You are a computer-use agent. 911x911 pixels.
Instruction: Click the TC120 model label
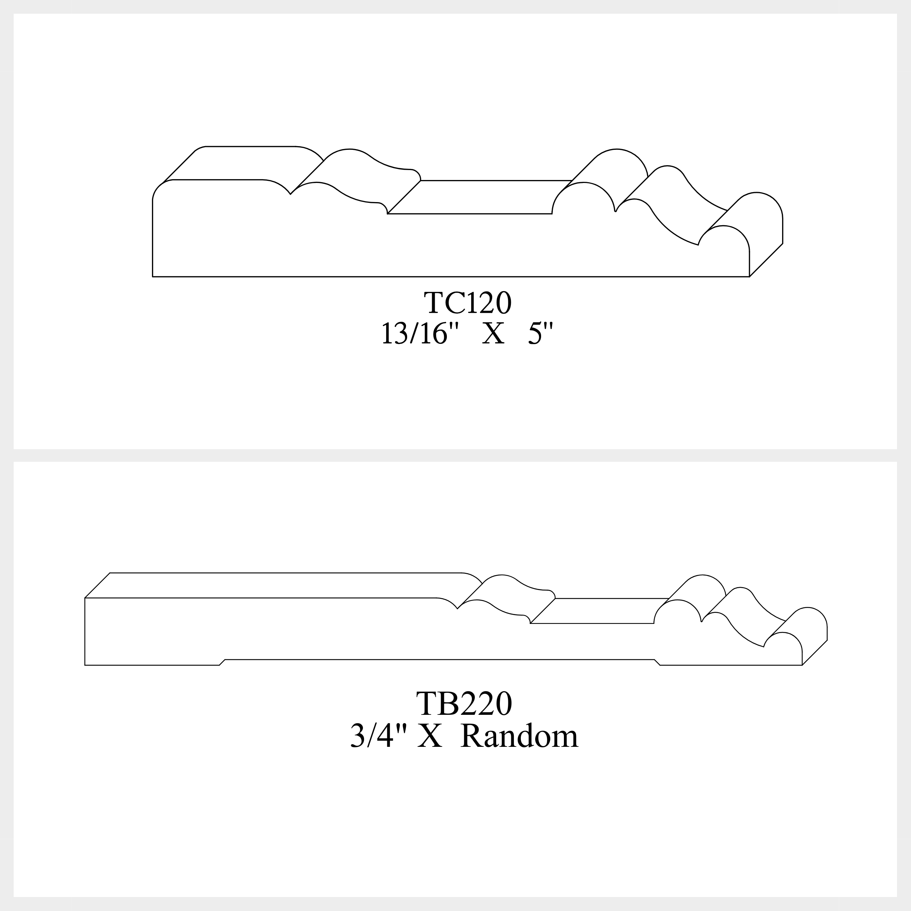pyautogui.click(x=467, y=302)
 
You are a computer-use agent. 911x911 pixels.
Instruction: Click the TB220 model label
pyautogui.click(x=464, y=704)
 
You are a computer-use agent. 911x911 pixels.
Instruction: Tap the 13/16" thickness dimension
pyautogui.click(x=420, y=332)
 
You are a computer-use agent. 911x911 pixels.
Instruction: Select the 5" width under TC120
pyautogui.click(x=540, y=332)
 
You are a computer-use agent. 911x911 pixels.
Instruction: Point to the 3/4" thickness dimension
pyautogui.click(x=378, y=735)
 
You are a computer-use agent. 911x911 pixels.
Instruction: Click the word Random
pyautogui.click(x=519, y=735)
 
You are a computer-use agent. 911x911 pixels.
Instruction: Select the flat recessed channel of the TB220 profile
pyautogui.click(x=599, y=611)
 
